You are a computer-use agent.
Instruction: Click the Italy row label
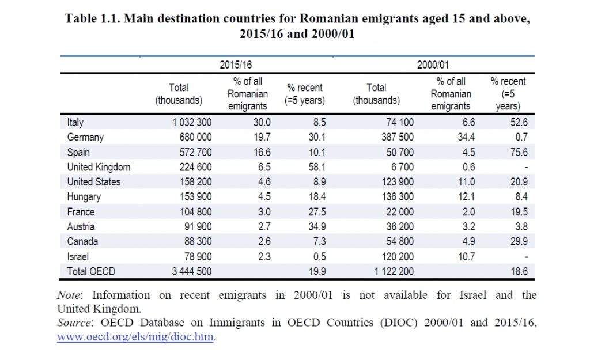click(x=75, y=122)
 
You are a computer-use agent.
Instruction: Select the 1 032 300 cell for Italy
click(x=192, y=122)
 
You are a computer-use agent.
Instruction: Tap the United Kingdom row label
click(x=99, y=167)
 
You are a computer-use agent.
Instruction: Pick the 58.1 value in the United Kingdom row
click(x=317, y=167)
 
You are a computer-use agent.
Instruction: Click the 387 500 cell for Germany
click(x=398, y=137)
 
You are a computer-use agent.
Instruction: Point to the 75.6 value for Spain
click(x=519, y=152)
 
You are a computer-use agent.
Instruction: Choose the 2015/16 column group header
click(x=236, y=65)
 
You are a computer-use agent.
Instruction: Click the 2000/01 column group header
click(x=433, y=65)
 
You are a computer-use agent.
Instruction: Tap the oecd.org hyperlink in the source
click(x=135, y=336)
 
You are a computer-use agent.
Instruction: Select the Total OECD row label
click(x=91, y=271)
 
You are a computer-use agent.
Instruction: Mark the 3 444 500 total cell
click(x=192, y=271)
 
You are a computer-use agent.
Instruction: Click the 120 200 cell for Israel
click(x=398, y=256)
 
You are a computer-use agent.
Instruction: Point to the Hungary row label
click(x=84, y=197)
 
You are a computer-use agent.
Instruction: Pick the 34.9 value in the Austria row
click(x=317, y=226)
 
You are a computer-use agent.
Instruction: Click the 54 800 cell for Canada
click(x=400, y=241)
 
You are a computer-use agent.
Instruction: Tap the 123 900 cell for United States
click(x=398, y=181)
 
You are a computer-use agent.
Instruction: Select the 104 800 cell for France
click(x=196, y=212)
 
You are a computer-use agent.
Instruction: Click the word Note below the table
click(x=69, y=295)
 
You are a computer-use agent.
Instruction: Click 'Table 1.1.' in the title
click(x=92, y=18)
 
